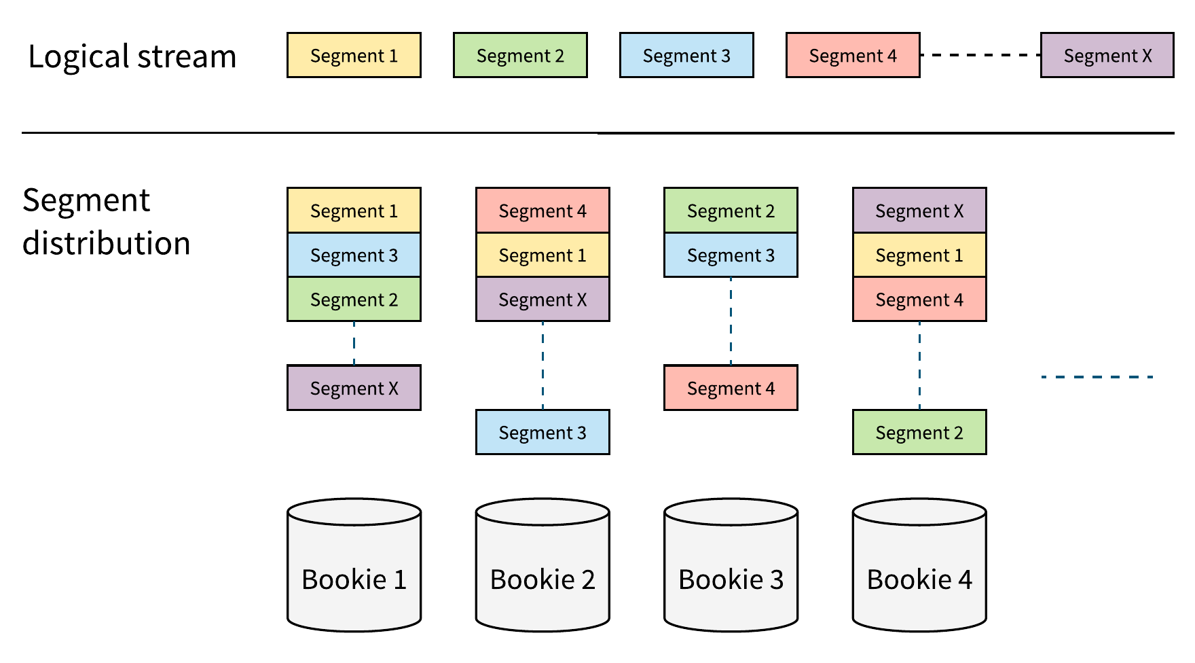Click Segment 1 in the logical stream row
(354, 55)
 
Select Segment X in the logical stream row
(1107, 55)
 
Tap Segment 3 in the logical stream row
(686, 55)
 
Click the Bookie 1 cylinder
(354, 565)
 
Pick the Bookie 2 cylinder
(543, 565)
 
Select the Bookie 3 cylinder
(731, 565)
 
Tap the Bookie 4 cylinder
(919, 565)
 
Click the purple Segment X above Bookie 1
(354, 388)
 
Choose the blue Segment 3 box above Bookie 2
(543, 432)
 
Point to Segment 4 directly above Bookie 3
(731, 388)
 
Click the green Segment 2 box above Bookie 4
(919, 432)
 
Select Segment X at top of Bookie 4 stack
(919, 211)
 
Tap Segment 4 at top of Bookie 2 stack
(543, 211)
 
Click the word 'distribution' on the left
(107, 243)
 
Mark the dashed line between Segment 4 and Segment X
(980, 55)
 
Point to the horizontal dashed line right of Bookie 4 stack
(1097, 377)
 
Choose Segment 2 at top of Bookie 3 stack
(731, 211)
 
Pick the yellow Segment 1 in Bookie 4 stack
(919, 255)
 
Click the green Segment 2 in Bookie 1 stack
(354, 300)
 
